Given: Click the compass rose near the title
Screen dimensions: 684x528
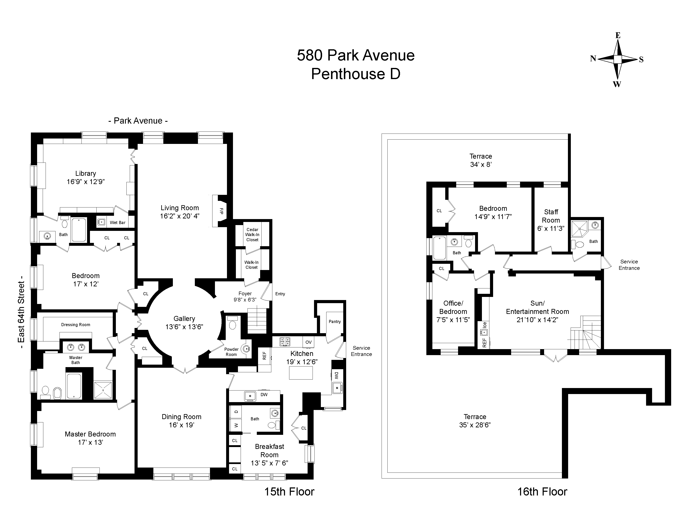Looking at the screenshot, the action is pos(617,59).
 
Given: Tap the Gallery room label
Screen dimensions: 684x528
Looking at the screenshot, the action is pos(184,319).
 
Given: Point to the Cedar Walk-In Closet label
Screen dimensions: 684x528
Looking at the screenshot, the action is pos(252,235).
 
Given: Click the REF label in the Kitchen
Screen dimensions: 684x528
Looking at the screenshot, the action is pos(264,355).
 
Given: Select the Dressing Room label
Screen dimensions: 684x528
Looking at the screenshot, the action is pos(75,325).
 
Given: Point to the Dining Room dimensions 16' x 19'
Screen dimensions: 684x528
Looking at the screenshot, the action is pos(181,425).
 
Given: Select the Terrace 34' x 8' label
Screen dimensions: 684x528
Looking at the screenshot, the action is pos(481,160).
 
